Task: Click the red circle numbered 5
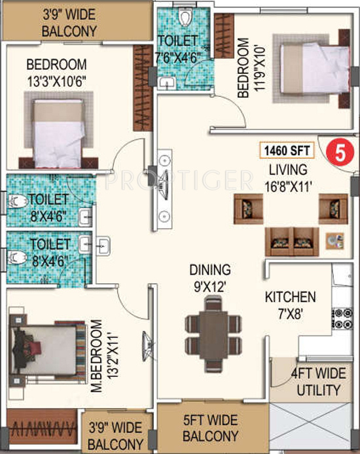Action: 340,152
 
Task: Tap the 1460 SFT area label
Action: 287,150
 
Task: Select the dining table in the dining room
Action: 213,334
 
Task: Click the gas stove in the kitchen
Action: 342,319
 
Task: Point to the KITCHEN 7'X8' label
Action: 291,306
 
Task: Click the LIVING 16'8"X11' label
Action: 288,178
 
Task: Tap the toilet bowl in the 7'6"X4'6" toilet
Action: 184,17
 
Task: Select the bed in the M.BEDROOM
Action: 43,350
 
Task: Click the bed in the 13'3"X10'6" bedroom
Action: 59,133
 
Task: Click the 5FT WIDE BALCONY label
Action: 211,428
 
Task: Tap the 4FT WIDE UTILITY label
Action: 319,381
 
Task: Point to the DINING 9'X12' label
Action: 210,278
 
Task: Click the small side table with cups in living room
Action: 335,241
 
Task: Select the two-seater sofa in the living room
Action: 292,241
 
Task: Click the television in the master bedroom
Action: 148,346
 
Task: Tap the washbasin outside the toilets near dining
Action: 103,246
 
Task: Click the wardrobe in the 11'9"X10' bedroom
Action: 224,35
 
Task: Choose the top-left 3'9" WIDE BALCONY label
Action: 69,23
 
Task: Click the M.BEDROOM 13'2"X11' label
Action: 104,356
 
